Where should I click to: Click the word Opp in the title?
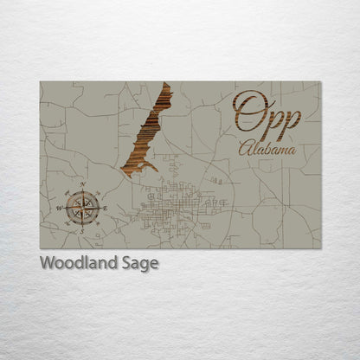[267, 113]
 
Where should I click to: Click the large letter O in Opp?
[247, 111]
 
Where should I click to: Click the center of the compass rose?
[82, 207]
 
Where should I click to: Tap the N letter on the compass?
[82, 185]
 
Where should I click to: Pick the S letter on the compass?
[82, 230]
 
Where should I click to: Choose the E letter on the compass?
[105, 207]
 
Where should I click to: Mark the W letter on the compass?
[60, 208]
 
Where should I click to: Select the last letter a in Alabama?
[290, 150]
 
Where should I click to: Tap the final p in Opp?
[289, 117]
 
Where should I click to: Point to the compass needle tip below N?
[82, 192]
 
